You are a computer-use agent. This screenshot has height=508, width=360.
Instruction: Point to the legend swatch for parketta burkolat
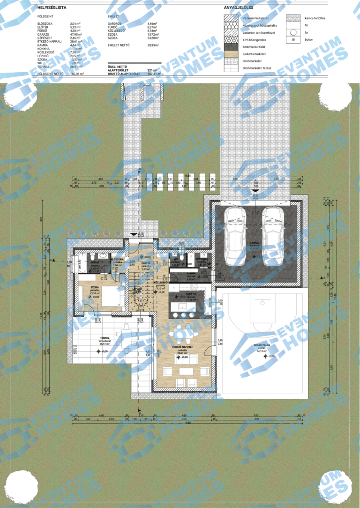[x=231, y=54]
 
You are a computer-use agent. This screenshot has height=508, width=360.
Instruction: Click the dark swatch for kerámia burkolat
[x=231, y=47]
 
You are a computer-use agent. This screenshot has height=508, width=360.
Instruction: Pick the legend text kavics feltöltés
[x=315, y=18]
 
